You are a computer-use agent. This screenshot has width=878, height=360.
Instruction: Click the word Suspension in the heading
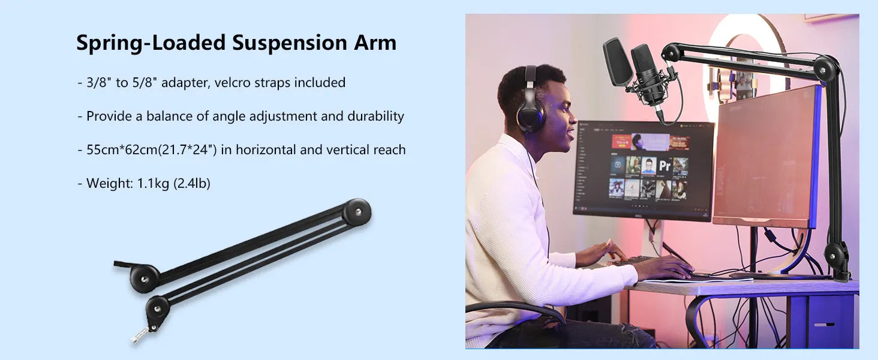pos(289,43)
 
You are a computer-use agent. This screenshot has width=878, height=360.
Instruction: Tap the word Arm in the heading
pos(375,43)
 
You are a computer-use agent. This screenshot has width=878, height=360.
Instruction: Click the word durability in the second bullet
pos(375,116)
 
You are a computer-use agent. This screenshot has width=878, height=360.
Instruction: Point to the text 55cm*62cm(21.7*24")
pos(151,150)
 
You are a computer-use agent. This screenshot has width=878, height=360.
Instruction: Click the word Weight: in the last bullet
pos(110,184)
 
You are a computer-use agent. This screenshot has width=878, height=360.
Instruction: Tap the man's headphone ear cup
pos(530,115)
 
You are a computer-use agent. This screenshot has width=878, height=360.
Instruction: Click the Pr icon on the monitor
pos(664,166)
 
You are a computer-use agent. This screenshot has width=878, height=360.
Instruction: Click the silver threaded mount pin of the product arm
pos(140,335)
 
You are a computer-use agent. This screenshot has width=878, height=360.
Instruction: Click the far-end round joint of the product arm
pos(357,212)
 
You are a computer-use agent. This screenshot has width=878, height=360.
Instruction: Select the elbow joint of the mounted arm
pos(825,68)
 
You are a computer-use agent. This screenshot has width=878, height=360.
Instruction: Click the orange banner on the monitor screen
pos(621,142)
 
